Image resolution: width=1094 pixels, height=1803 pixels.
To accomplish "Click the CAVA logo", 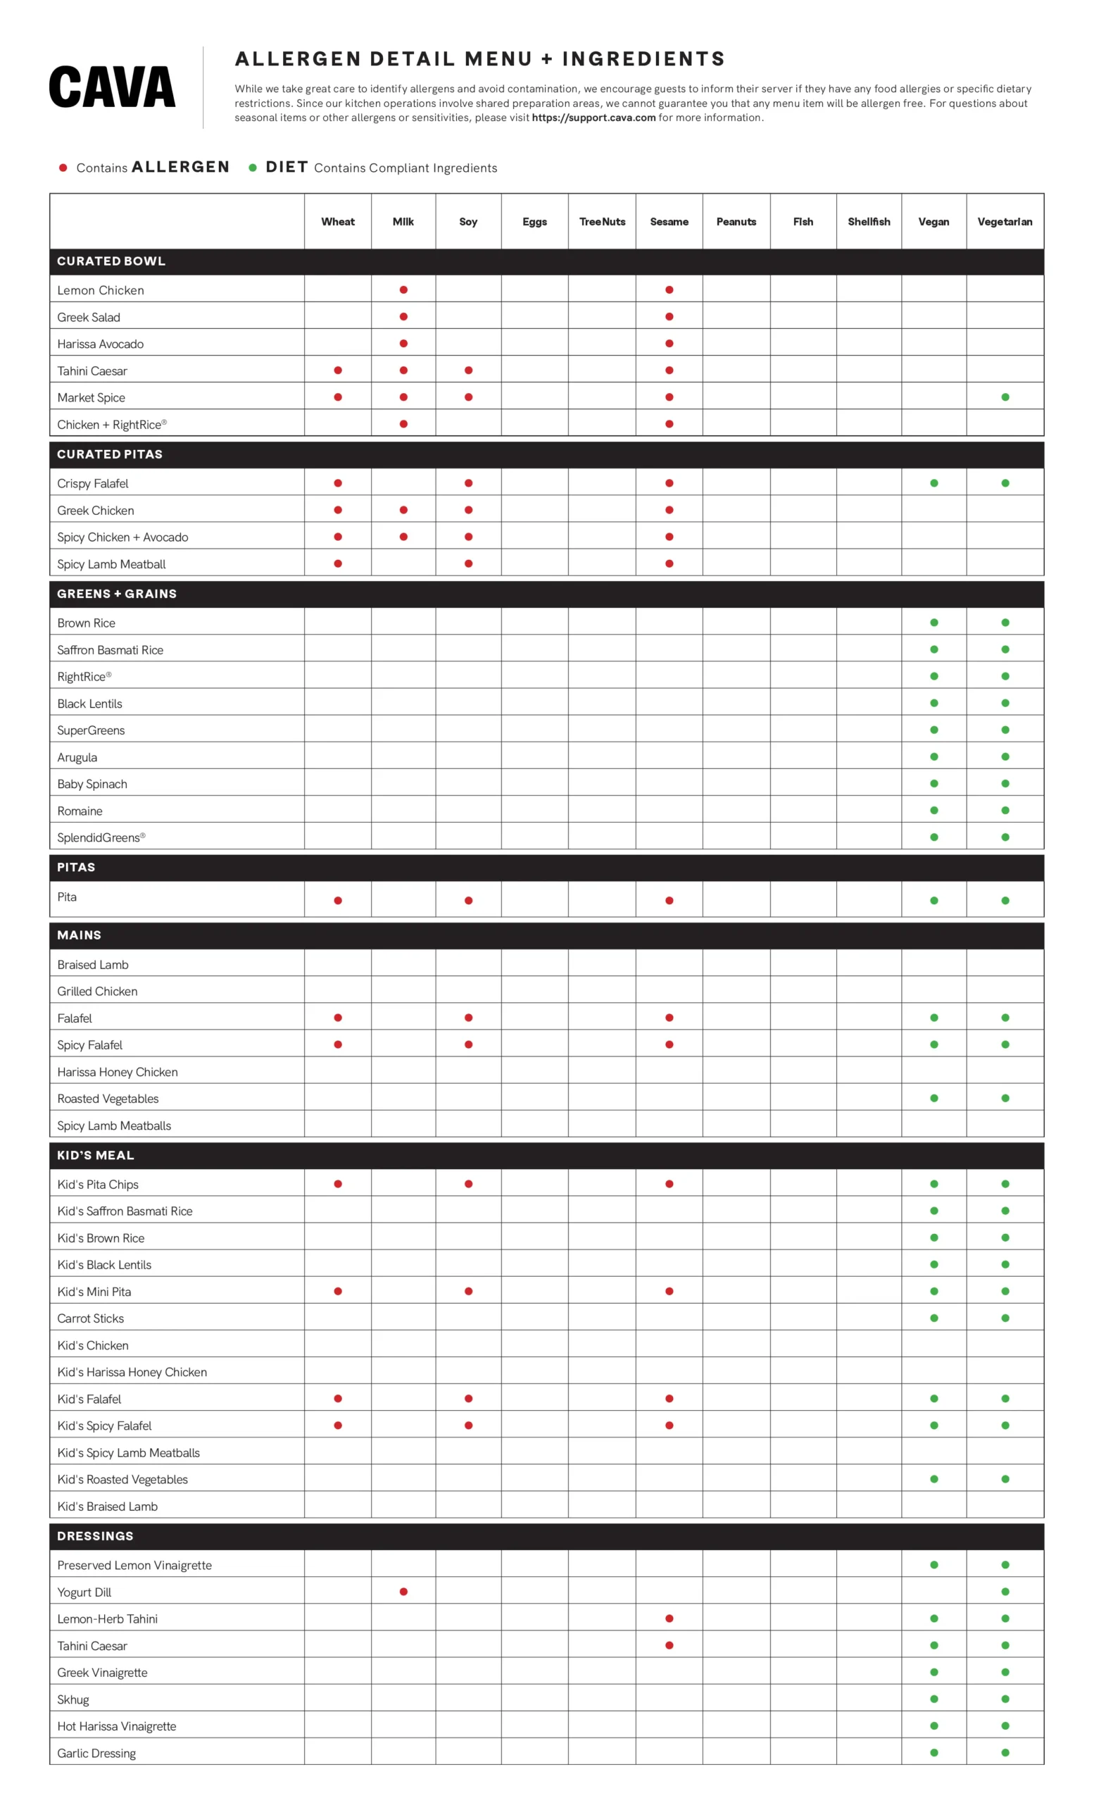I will tap(112, 87).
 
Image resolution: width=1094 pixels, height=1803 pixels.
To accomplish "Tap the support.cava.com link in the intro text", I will tap(593, 118).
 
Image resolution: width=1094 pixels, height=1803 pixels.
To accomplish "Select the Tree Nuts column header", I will tap(602, 222).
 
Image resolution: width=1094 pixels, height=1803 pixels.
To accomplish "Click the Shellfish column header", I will tap(869, 222).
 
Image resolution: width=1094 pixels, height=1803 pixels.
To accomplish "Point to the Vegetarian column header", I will tap(1005, 222).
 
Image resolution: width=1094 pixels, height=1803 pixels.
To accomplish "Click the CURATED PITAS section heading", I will tap(110, 454).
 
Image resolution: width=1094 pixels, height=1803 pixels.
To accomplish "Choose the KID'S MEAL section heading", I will tap(96, 1156).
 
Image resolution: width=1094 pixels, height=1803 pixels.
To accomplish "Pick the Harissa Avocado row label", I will tap(100, 344).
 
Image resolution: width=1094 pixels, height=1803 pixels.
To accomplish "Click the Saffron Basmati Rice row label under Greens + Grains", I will tap(111, 650).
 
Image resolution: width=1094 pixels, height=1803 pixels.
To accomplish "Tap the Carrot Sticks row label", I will tap(91, 1318).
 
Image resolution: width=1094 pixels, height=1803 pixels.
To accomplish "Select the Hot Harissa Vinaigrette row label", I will tap(117, 1726).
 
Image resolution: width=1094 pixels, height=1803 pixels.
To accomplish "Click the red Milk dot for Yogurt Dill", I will tap(403, 1592).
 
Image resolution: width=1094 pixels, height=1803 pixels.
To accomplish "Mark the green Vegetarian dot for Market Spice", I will tap(1005, 397).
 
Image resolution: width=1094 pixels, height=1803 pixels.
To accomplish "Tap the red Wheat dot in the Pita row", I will tap(338, 901).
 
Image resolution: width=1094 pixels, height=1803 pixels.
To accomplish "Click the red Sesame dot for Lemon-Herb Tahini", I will tap(669, 1618).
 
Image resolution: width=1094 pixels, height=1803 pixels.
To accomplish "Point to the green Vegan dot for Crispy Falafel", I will tap(934, 483).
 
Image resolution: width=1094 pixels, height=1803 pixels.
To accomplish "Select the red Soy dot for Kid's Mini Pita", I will tap(469, 1292).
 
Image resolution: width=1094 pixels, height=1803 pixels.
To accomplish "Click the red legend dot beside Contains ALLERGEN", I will tap(63, 168).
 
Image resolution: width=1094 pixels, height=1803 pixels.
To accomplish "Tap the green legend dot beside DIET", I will tap(253, 168).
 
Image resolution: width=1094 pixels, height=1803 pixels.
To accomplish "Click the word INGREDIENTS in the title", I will tap(643, 59).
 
